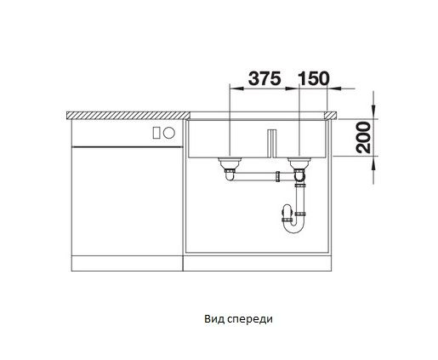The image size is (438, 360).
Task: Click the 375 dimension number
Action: pyautogui.click(x=265, y=78)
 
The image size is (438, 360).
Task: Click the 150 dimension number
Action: pyautogui.click(x=314, y=78)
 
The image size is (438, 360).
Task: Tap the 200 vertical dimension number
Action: pyautogui.click(x=364, y=138)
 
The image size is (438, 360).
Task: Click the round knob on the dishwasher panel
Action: pyautogui.click(x=169, y=133)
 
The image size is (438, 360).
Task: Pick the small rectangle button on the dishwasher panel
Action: pyautogui.click(x=156, y=133)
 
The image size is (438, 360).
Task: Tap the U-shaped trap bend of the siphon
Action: pyautogui.click(x=293, y=228)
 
